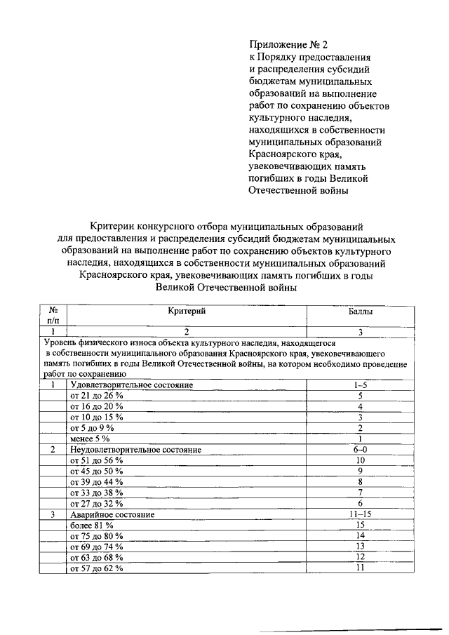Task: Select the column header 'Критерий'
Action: coord(187,310)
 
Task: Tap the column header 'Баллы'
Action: coord(361,310)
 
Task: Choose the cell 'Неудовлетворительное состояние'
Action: coord(136,449)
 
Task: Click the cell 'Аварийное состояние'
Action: coord(112,514)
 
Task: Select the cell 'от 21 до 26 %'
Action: coord(96,396)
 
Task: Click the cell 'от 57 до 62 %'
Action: coord(96,568)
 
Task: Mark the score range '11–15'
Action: coord(360,514)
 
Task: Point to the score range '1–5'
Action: coord(360,385)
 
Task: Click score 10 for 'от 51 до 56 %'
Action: coord(360,460)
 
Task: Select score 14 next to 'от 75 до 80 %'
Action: coord(360,535)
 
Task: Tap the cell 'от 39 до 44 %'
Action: coord(96,482)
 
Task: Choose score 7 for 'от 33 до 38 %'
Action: coord(360,493)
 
